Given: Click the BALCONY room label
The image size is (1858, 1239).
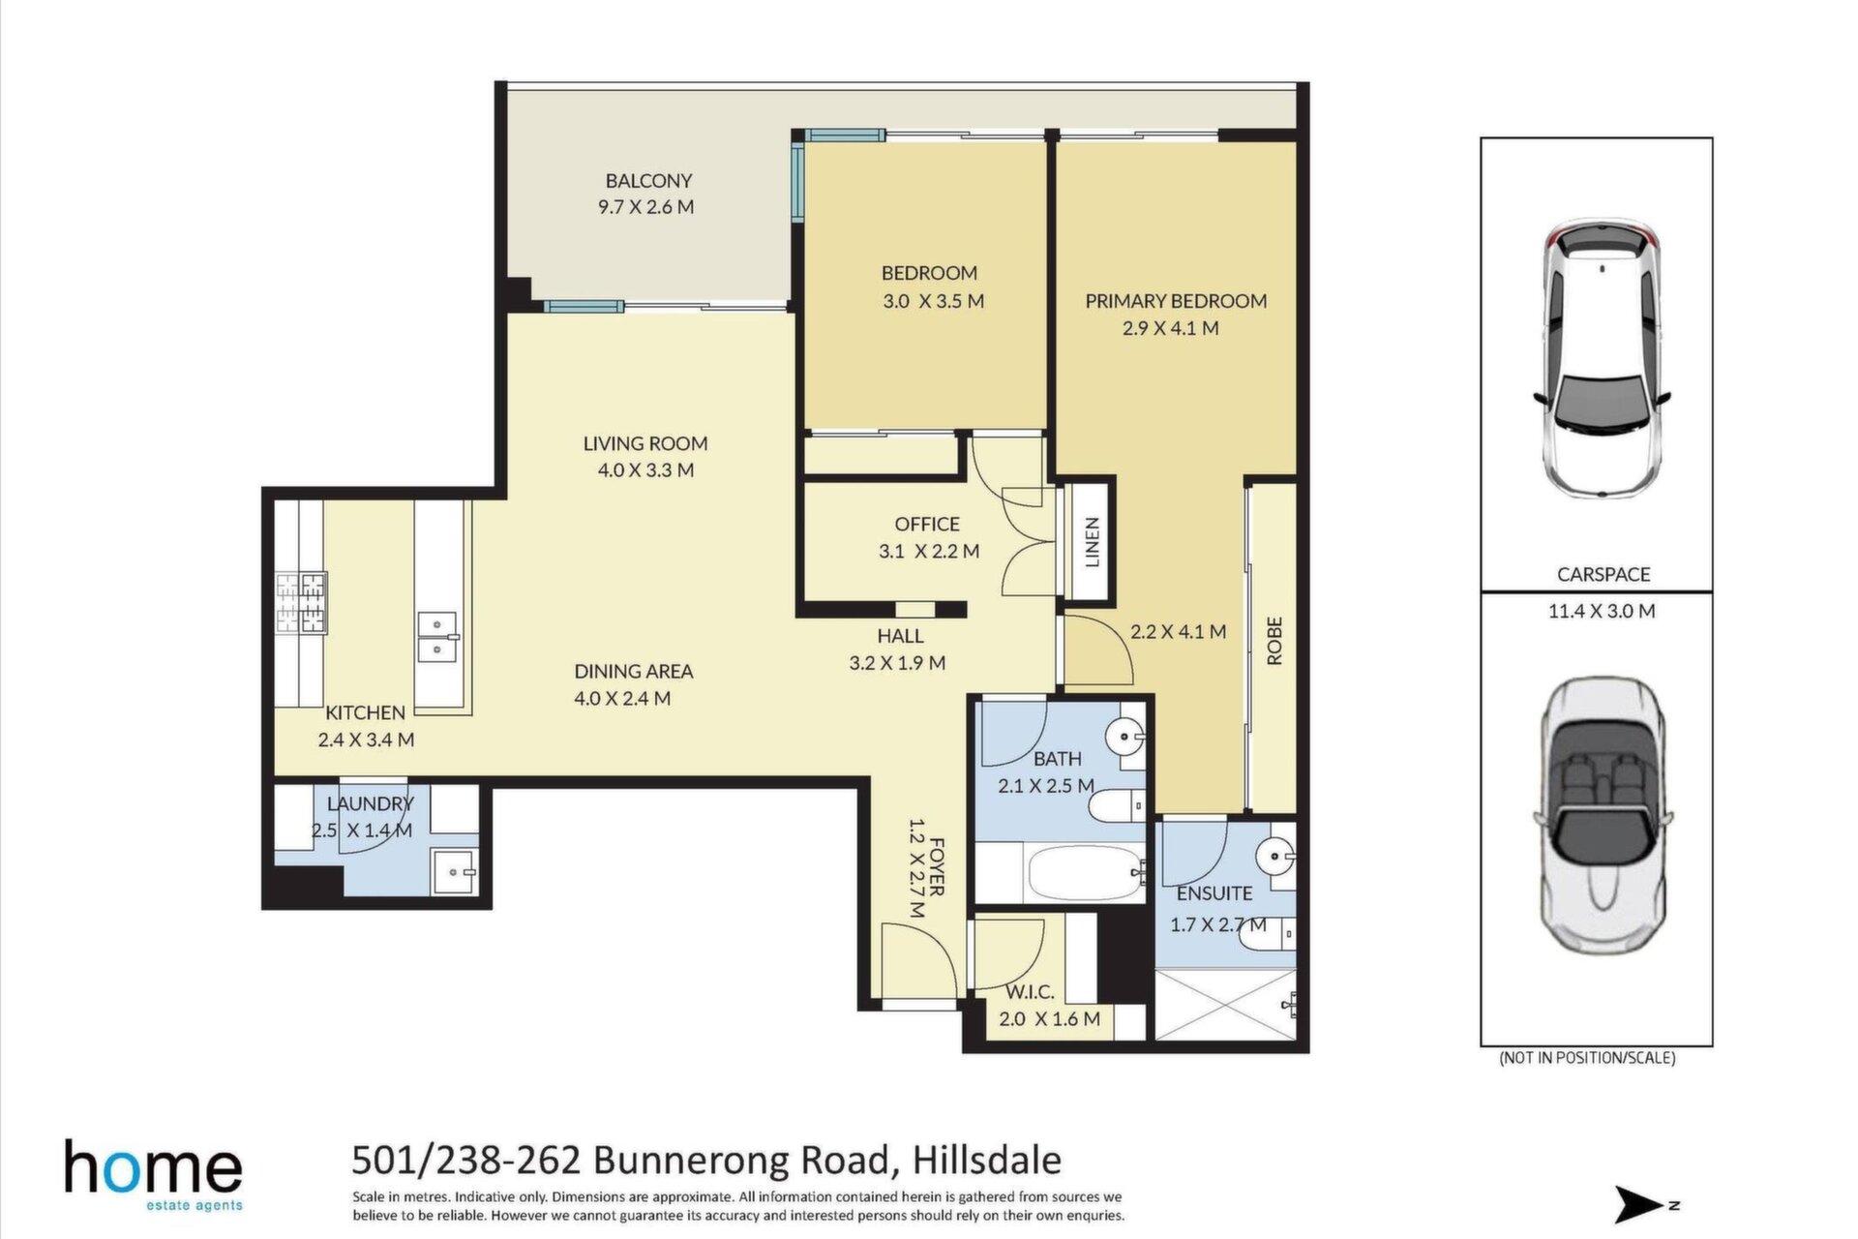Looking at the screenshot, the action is (x=648, y=181).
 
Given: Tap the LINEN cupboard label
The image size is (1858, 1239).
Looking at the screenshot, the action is (x=1093, y=542).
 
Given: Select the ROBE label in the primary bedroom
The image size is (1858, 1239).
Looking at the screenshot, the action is (x=1274, y=641).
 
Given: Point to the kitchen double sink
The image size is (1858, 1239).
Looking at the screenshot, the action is (x=437, y=638).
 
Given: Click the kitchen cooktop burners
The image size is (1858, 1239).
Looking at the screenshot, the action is (x=302, y=603).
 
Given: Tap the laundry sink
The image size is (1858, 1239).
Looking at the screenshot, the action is (x=454, y=872).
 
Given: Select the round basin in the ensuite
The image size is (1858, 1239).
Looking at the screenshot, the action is (x=1274, y=856).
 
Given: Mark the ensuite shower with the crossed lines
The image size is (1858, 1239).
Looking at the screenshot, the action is (x=1225, y=1005).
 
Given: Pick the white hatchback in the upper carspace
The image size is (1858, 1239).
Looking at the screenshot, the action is (x=1602, y=358).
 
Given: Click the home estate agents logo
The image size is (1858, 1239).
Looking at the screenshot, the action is (x=153, y=1174).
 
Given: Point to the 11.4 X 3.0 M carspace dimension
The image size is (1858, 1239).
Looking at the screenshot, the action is (x=1602, y=611).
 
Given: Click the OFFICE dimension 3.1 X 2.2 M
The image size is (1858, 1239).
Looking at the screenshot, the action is (x=929, y=552).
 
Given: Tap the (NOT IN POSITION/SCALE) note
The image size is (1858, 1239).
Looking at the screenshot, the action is (x=1587, y=1058).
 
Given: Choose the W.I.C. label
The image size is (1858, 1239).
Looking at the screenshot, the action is (x=1030, y=992).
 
